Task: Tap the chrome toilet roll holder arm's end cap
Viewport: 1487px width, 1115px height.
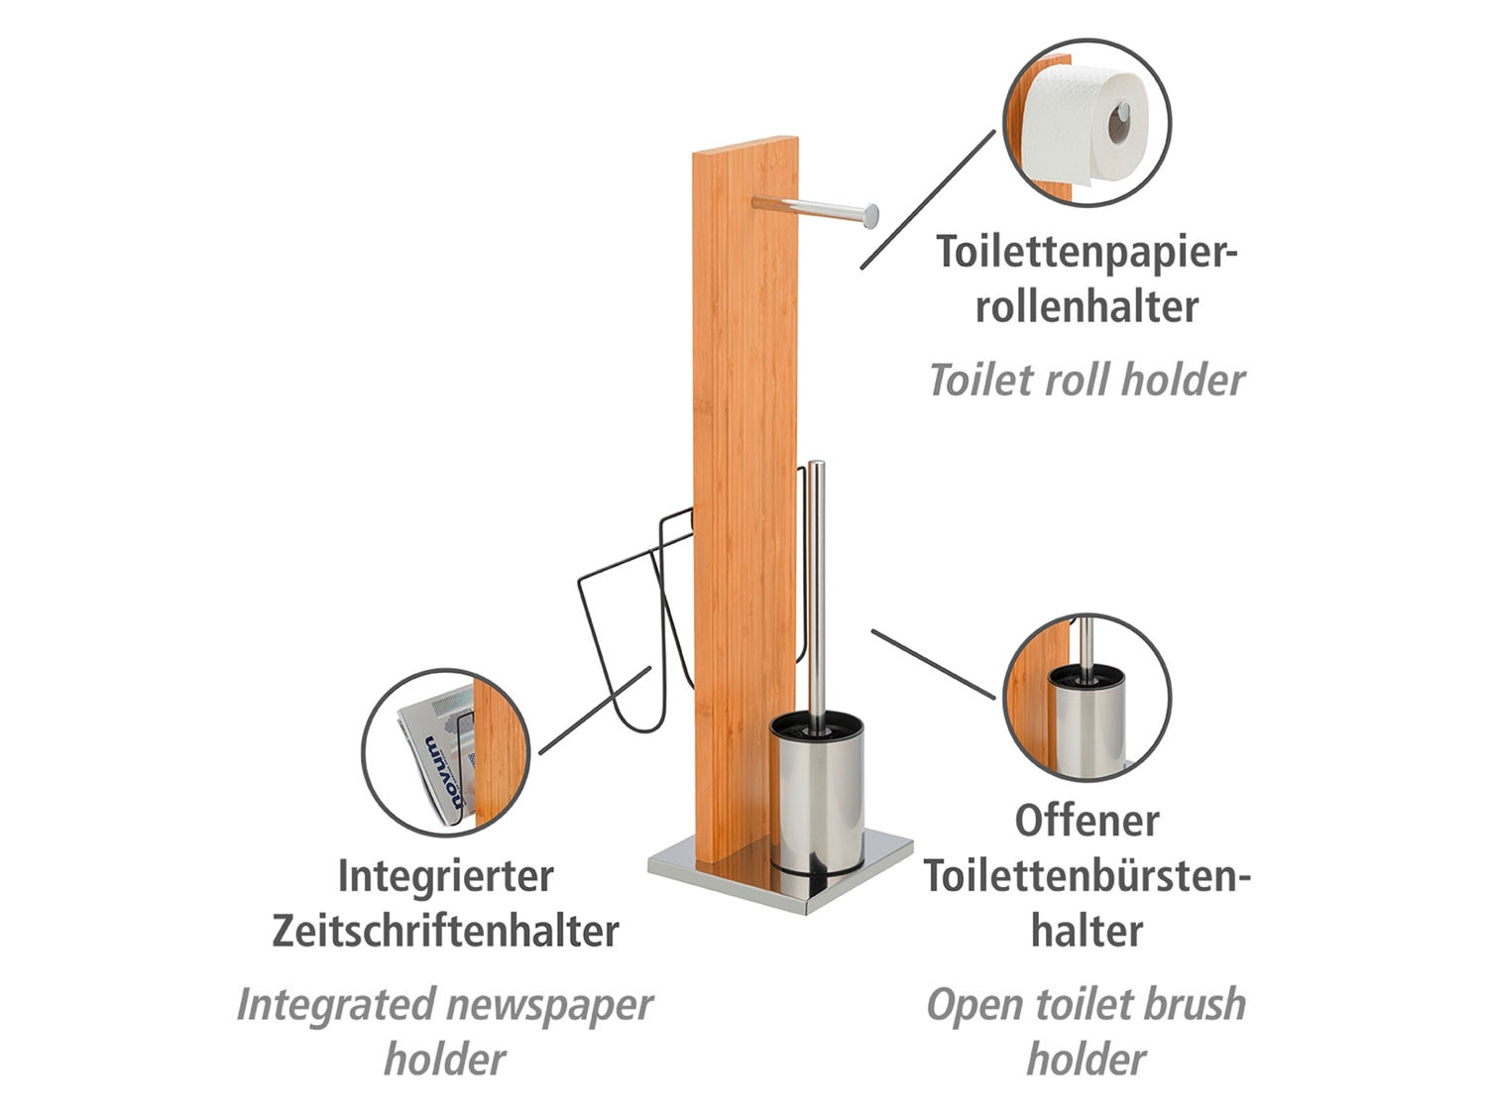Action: (x=870, y=216)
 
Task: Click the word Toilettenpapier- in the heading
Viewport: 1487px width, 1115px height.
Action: (x=1087, y=253)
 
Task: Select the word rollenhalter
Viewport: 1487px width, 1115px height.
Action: (x=1087, y=306)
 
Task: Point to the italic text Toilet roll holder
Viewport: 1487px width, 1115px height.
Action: (x=1087, y=380)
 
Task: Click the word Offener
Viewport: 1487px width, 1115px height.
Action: (x=1087, y=821)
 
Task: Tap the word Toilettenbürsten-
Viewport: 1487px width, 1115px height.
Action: (x=1087, y=875)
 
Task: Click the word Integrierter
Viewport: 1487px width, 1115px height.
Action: (x=446, y=876)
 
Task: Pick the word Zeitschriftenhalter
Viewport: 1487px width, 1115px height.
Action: (x=446, y=931)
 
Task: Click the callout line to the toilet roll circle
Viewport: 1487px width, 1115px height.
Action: (x=928, y=200)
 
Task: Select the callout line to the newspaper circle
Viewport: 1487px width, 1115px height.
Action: (x=595, y=711)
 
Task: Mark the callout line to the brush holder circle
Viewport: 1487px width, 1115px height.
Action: (x=934, y=664)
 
